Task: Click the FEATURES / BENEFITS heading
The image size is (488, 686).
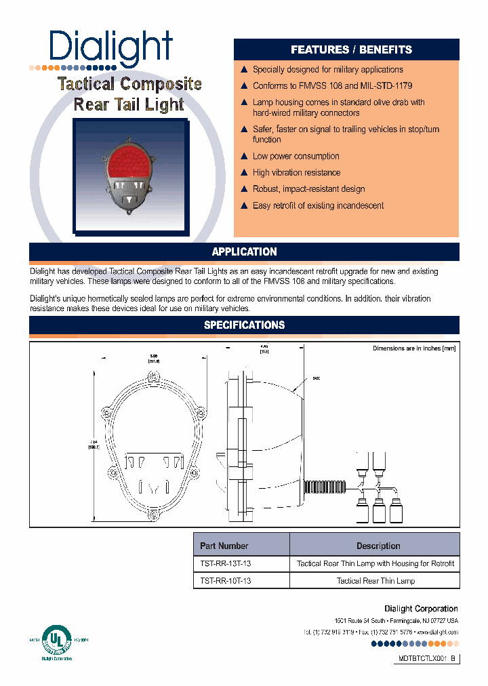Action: coord(351,49)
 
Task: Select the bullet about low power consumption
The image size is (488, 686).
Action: coord(296,156)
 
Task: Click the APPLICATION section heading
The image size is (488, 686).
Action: coord(244,251)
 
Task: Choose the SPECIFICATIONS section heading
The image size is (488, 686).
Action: coord(244,325)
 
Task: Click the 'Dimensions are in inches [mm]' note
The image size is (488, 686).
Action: coord(413,348)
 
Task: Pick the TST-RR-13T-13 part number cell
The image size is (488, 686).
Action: coord(226,563)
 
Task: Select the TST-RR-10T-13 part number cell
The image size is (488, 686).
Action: coord(226,581)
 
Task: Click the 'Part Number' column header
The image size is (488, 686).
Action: coord(224,546)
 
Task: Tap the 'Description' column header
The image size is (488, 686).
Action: coord(378,546)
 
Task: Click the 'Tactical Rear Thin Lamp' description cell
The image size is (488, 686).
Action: coord(375,581)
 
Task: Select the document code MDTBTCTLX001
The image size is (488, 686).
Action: coord(422,658)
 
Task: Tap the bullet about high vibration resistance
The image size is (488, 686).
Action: coord(296,173)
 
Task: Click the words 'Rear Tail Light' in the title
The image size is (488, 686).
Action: coord(129,104)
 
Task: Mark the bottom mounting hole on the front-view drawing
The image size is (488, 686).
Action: coord(154,517)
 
